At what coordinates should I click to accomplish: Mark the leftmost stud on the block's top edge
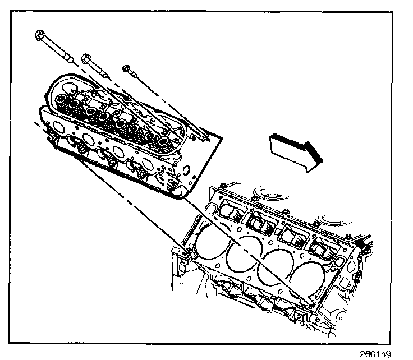point(227,186)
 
